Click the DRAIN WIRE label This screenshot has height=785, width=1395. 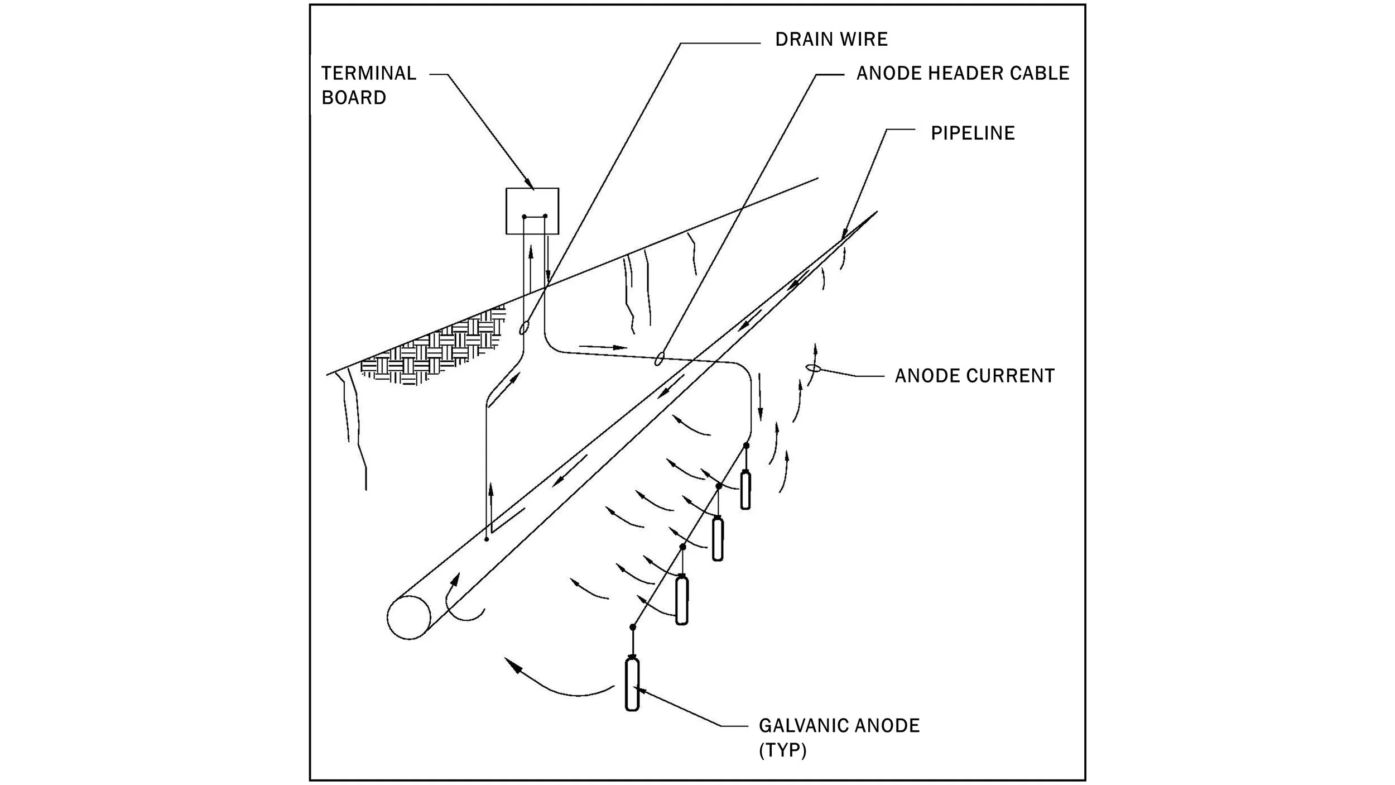tap(831, 39)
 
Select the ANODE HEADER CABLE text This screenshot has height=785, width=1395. tap(962, 73)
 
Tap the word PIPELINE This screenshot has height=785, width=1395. tap(972, 133)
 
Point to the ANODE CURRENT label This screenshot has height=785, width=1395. tap(974, 376)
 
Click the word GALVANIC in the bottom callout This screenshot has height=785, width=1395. tap(802, 726)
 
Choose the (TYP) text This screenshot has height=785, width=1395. tap(782, 750)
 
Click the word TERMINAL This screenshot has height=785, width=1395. tap(368, 73)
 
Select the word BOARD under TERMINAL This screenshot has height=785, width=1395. tap(354, 98)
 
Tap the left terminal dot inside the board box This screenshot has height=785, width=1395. tap(523, 217)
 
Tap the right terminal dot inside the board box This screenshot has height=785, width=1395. tap(545, 216)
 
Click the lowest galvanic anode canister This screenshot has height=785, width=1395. tap(632, 685)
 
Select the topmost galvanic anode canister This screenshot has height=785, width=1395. tap(745, 491)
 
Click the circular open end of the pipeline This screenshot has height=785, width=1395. tap(409, 617)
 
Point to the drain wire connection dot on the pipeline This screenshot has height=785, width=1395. tap(487, 539)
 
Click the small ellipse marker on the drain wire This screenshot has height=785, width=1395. tap(523, 328)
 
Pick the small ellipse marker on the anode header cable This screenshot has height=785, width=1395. tap(659, 358)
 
